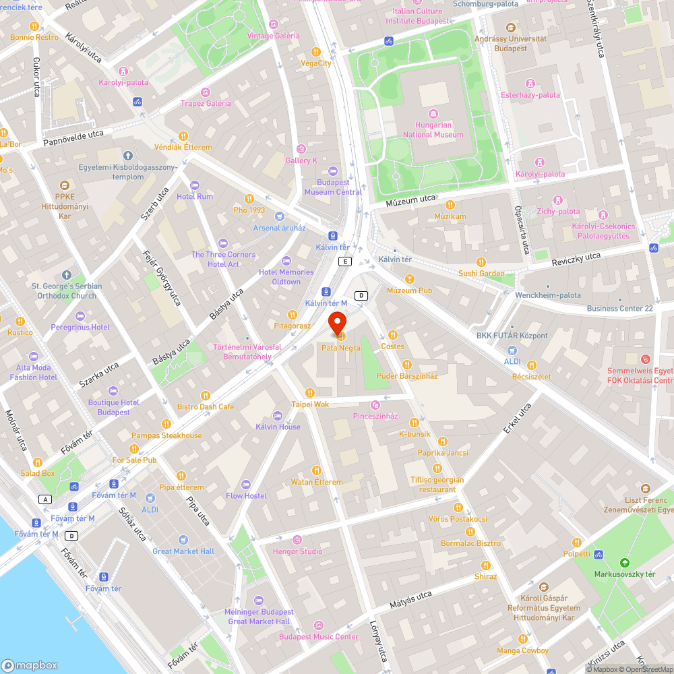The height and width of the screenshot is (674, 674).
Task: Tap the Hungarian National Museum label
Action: coord(433,130)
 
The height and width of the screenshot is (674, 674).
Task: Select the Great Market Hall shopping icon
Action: coord(183,540)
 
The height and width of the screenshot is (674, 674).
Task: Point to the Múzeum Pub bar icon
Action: coord(409,279)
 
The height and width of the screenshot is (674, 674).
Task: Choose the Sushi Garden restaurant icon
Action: coord(481,262)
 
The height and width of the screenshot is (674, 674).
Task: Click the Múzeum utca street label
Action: coord(410,200)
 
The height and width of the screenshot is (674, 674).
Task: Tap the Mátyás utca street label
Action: coord(410,600)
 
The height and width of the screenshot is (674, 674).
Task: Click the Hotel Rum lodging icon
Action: coord(195,185)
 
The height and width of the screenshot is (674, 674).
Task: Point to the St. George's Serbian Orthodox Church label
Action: coord(66,290)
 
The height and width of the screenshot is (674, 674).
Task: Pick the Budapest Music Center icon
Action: coord(319,625)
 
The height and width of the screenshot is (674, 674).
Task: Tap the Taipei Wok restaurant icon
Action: coord(310,393)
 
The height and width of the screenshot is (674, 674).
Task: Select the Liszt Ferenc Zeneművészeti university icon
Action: coord(646,489)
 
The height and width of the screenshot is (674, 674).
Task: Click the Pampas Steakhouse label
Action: coord(166,435)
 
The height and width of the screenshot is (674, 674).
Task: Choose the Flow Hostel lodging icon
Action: coord(246,485)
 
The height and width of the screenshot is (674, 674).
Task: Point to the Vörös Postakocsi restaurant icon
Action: coord(458,508)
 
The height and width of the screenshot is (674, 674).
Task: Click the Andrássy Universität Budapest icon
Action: coord(510,28)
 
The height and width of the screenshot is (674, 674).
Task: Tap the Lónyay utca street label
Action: coord(378,640)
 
